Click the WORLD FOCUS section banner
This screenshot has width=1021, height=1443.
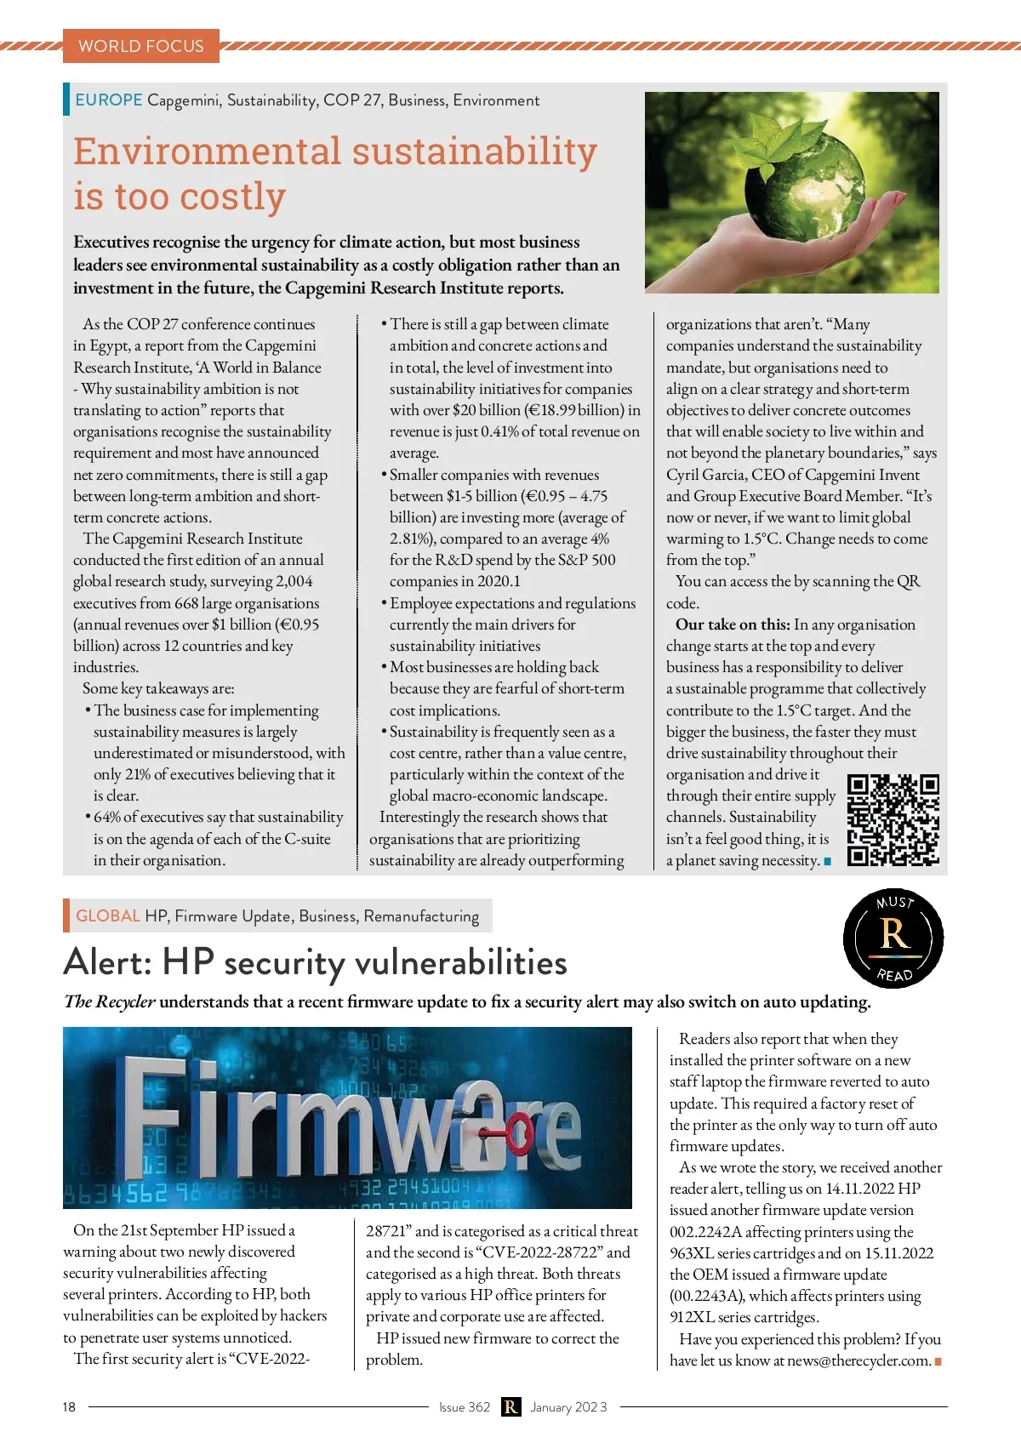[141, 46]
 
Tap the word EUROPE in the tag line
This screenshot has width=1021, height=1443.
[108, 100]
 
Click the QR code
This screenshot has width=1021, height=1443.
[893, 820]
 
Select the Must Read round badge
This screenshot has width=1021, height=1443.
[893, 937]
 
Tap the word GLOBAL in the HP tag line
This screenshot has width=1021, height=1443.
[107, 916]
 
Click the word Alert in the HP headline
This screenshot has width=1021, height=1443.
[107, 963]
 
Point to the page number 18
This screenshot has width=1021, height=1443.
[69, 1407]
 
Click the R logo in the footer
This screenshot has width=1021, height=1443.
[510, 1407]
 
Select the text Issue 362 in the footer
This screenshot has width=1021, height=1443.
[465, 1407]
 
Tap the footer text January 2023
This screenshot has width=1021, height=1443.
[568, 1407]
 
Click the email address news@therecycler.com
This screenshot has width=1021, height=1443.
[858, 1360]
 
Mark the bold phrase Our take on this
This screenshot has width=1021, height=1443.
[733, 625]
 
